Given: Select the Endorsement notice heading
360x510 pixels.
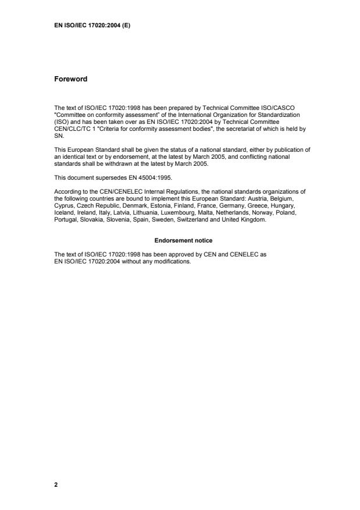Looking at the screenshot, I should [180, 240].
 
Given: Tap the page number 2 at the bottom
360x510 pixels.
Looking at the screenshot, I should [56, 484].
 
